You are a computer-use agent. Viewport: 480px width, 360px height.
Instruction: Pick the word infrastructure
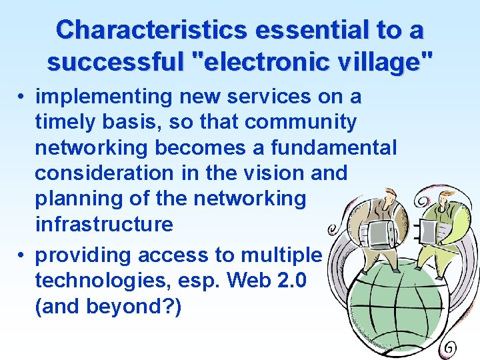click(103, 224)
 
